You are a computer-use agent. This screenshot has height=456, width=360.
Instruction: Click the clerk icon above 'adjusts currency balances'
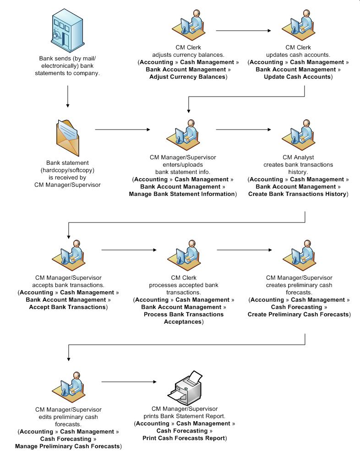[x=188, y=25]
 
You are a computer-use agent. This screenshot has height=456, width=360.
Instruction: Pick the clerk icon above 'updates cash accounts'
[x=298, y=25]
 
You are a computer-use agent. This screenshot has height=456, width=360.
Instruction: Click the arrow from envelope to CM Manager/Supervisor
[x=122, y=130]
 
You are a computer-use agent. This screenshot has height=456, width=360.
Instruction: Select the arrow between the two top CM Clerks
[x=243, y=31]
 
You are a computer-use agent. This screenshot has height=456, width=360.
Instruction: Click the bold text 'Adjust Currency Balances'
[x=188, y=77]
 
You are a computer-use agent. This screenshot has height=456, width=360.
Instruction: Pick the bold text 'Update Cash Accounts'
[x=298, y=77]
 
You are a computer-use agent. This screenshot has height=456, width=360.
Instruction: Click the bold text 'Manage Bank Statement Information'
[x=182, y=194]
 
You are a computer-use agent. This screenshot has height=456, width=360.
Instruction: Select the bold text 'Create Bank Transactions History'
[x=297, y=194]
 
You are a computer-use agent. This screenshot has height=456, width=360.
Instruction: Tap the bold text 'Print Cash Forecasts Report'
[x=184, y=438]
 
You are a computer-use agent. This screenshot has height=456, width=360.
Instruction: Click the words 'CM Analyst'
[x=298, y=157]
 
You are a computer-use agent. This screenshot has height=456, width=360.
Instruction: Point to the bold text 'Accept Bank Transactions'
[x=67, y=307]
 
